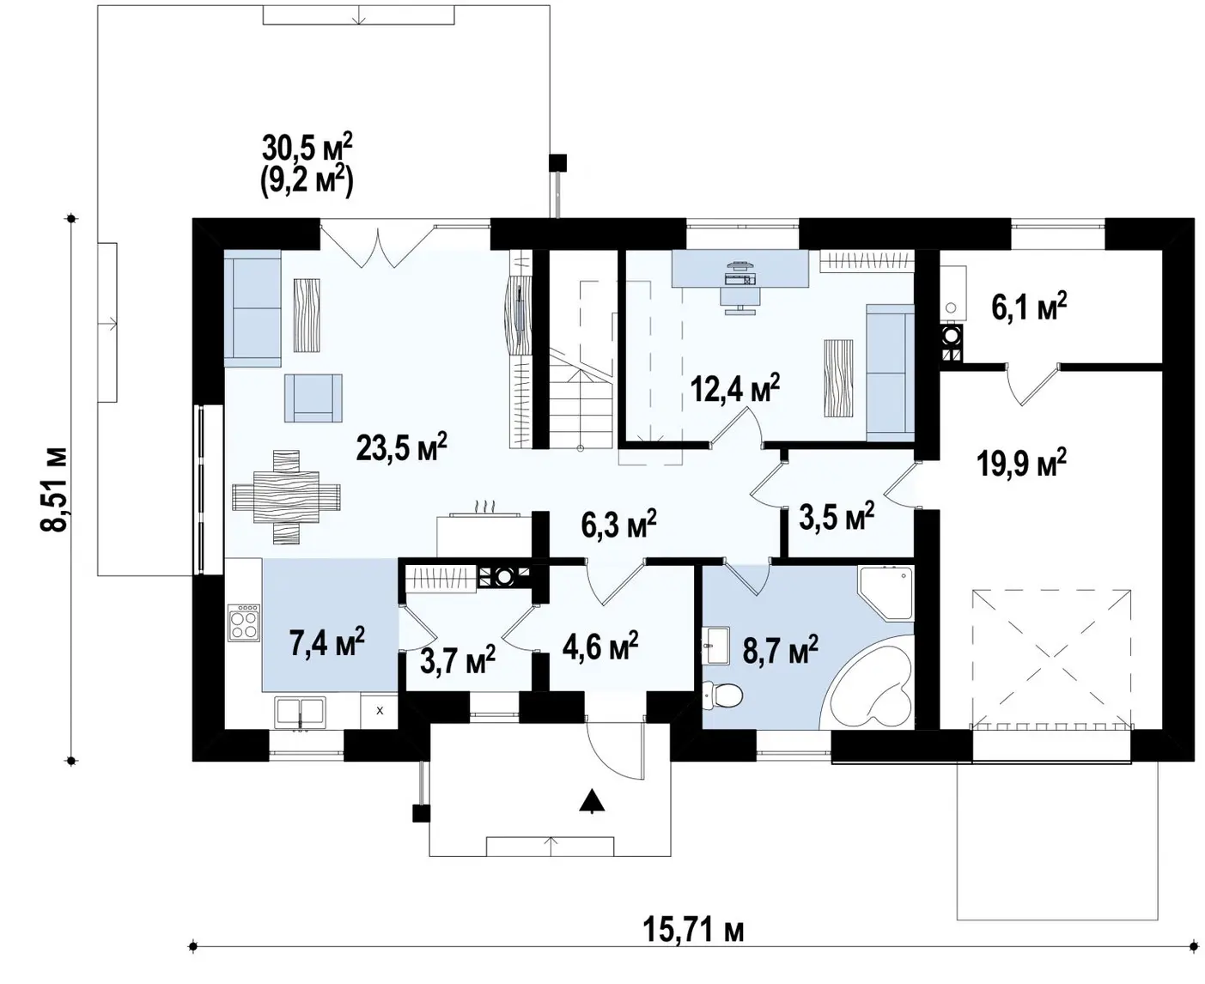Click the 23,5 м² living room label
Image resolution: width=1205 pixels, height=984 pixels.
tap(401, 447)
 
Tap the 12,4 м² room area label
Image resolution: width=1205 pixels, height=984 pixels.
tap(735, 388)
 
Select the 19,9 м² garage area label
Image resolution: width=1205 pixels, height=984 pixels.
tap(1021, 462)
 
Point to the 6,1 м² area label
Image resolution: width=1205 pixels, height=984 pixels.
tap(1029, 307)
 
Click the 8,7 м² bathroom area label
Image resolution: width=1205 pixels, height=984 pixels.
tap(780, 649)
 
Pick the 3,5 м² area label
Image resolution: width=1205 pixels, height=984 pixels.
tap(836, 516)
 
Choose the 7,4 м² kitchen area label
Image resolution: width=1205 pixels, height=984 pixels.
tap(327, 641)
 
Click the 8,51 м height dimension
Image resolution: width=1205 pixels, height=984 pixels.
tap(54, 489)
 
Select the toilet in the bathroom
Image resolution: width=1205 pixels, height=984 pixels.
tap(722, 695)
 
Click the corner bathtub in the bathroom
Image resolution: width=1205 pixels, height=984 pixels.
tap(867, 683)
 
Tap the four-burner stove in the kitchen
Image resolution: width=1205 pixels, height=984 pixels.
tap(244, 623)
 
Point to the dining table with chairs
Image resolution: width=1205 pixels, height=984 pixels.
tap(286, 497)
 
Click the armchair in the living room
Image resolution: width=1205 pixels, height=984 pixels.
tap(313, 398)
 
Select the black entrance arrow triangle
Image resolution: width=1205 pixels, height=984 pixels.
tap(592, 800)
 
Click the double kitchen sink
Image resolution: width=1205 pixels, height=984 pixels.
tap(300, 712)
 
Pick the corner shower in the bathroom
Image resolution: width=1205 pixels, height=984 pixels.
tap(885, 593)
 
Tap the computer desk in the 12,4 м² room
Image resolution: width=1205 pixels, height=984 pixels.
tap(739, 268)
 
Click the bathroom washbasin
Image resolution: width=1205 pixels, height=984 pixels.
tap(716, 646)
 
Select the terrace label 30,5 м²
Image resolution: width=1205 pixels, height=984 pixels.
tap(307, 148)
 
